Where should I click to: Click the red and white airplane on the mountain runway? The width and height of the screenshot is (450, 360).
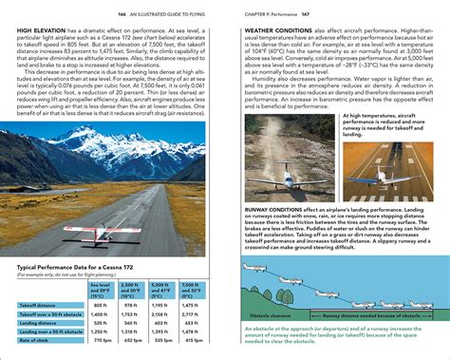(72, 231)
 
